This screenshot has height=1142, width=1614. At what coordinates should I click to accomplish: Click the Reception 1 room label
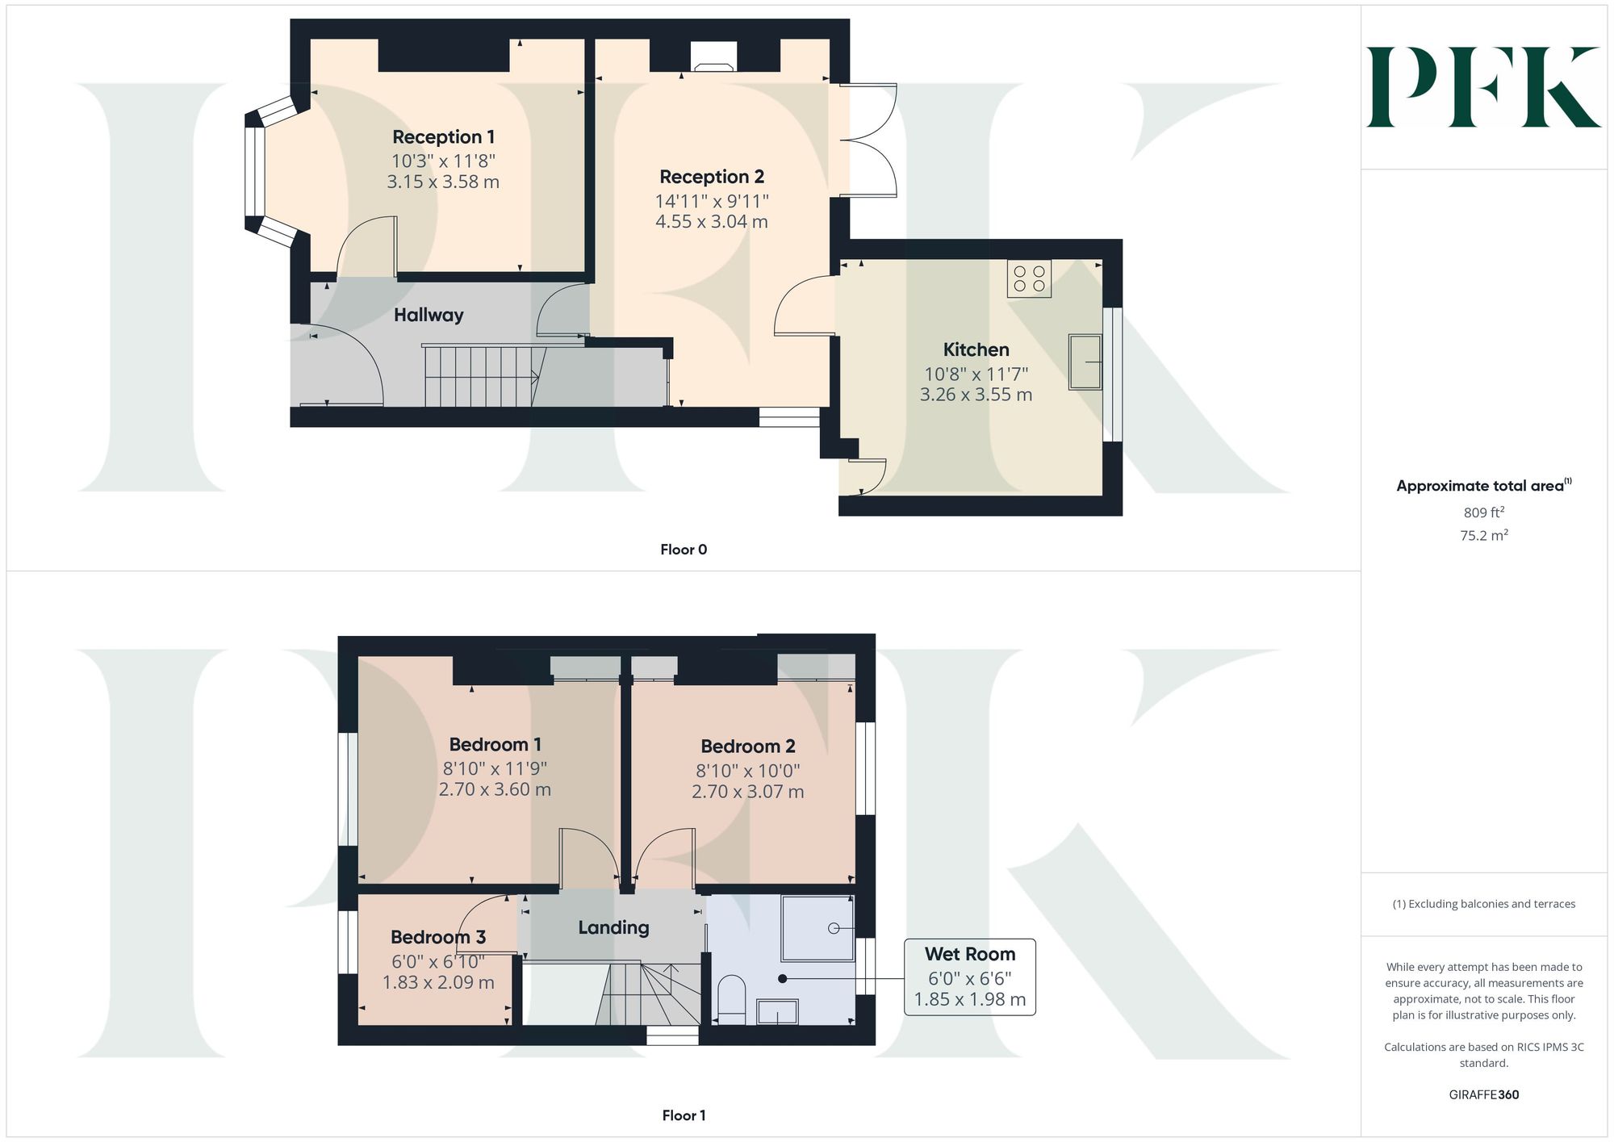443,137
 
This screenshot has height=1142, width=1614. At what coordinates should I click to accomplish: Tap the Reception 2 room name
711,177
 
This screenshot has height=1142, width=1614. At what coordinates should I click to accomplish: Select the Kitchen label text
976,349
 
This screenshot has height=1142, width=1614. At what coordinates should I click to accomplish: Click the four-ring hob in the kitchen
1029,279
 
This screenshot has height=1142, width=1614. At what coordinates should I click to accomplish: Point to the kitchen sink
1085,362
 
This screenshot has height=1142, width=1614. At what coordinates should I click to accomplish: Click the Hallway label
429,315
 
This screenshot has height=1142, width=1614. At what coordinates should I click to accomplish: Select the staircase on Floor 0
482,375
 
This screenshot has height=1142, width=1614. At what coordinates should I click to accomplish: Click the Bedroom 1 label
495,744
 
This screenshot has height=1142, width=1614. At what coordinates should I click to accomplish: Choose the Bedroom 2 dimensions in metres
747,792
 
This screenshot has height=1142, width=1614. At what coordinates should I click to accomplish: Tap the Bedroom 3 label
438,937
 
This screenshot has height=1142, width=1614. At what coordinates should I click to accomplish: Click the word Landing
613,928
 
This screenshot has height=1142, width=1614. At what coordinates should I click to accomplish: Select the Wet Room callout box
969,977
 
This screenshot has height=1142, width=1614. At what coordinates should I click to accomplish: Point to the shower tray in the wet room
817,928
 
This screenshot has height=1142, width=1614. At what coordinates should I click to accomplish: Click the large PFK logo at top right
1483,87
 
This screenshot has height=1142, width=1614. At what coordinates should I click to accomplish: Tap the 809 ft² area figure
1483,512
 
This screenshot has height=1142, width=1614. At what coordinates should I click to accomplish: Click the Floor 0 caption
684,550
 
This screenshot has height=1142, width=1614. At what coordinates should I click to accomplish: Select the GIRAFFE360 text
1483,1095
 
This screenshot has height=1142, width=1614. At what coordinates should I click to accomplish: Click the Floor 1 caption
684,1115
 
